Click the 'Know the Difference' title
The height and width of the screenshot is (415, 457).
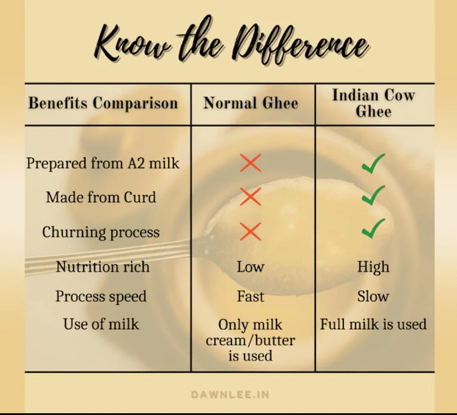coord(231,41)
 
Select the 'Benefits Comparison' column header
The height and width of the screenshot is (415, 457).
coord(103,103)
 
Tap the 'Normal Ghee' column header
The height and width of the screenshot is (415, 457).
coord(251,103)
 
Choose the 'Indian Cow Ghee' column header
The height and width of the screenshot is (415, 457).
coord(373,103)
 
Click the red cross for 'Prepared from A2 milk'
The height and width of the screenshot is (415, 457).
coord(251,163)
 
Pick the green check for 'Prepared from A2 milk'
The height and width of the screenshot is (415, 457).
coord(373,163)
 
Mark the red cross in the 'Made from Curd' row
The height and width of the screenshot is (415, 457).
coord(251,196)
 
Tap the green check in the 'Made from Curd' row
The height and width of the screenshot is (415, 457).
coord(373,196)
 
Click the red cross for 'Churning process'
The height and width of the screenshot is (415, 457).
coord(251,231)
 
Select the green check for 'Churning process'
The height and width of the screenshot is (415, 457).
coord(373,228)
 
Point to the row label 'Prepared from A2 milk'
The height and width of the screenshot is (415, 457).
coord(103,163)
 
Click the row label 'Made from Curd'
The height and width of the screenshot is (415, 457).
coord(101,197)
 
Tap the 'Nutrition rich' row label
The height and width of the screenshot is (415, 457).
coord(103,267)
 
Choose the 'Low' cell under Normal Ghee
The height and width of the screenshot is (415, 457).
coord(251,267)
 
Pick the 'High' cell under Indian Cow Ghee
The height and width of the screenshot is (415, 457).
coord(373,267)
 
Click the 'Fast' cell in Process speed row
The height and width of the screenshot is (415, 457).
coord(251,297)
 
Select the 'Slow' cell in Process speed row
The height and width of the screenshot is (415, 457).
coord(373,297)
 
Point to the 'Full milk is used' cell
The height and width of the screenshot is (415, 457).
coord(373,324)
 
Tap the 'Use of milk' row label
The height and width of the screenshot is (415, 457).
coord(101,324)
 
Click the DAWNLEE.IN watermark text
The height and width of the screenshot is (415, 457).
coord(230,395)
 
